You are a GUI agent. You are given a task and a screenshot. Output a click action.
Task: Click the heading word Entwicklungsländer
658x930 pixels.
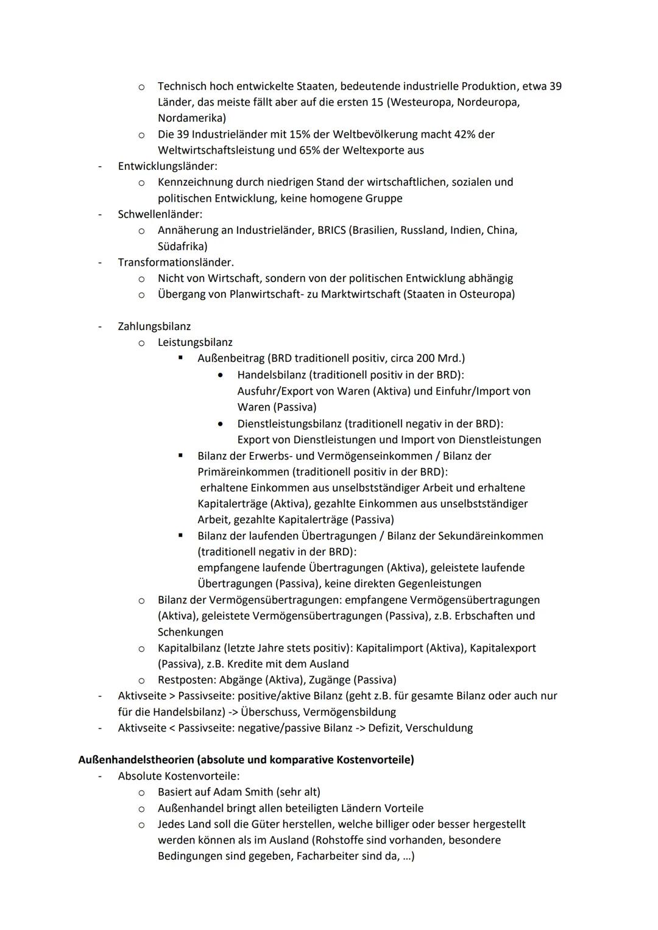(x=166, y=166)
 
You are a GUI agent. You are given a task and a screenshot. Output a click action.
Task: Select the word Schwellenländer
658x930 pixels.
(x=159, y=214)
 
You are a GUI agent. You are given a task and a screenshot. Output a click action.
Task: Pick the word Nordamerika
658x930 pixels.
(x=189, y=118)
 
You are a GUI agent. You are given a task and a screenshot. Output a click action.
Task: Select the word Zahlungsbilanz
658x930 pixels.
(x=154, y=326)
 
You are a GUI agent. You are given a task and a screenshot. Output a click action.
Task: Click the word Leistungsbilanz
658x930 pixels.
(x=195, y=342)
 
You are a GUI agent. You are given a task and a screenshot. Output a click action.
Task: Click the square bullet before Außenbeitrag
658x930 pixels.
(x=180, y=358)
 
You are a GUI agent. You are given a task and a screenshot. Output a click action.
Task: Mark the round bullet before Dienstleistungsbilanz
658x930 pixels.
(x=221, y=423)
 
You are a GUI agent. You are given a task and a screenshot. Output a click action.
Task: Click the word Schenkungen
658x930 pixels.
(x=190, y=632)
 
